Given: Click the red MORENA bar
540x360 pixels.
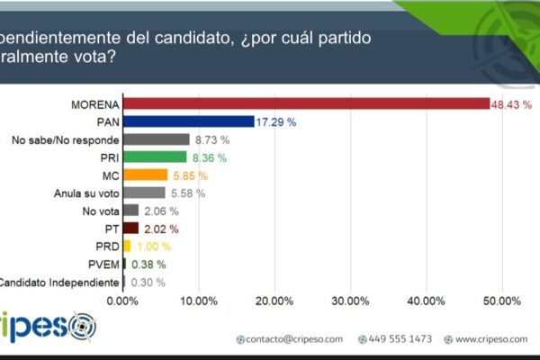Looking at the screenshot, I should click(306, 104).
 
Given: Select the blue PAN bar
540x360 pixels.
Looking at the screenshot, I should click(188, 121).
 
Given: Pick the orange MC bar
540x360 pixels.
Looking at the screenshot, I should click(145, 175).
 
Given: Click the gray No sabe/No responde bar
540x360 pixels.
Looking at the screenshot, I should click(156, 139).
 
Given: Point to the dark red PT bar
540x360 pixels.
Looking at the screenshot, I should click(130, 228).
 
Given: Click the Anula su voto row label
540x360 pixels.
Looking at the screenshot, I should click(85, 192).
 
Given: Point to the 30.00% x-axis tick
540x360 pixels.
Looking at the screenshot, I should click(351, 301).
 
